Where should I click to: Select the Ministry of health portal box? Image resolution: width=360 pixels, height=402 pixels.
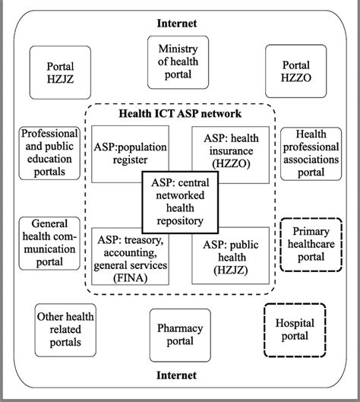pyautogui.click(x=179, y=63)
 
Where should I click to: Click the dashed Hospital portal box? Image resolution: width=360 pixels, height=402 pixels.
pyautogui.click(x=295, y=331)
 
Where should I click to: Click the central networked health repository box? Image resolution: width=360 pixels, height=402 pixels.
pyautogui.click(x=180, y=201)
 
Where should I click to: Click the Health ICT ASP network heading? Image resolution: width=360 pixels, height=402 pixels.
pyautogui.click(x=180, y=113)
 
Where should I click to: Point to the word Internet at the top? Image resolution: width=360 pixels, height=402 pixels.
pyautogui.click(x=180, y=24)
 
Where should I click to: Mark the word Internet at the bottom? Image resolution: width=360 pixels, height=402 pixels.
pyautogui.click(x=180, y=375)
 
